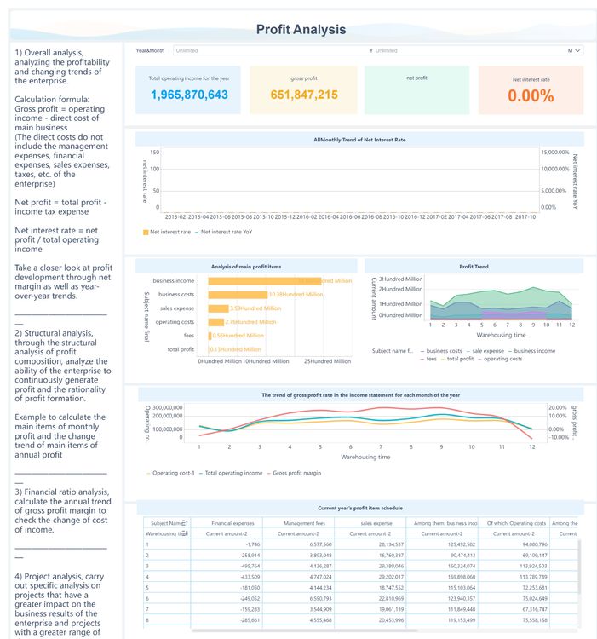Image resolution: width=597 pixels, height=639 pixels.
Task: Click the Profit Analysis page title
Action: point(301,30)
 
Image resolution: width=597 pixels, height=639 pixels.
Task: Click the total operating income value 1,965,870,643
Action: point(189,95)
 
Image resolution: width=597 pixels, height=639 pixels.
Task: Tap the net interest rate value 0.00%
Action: point(531,95)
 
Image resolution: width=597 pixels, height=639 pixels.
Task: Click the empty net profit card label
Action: point(416,78)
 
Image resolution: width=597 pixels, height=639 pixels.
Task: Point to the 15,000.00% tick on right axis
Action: point(557,152)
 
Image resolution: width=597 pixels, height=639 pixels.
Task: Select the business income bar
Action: point(264,280)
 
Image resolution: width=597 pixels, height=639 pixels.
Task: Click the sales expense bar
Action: point(218,308)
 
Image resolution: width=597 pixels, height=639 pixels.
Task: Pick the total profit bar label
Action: point(180,349)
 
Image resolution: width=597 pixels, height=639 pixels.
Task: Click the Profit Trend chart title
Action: point(474,267)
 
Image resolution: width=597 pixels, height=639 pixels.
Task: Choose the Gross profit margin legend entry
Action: point(295,472)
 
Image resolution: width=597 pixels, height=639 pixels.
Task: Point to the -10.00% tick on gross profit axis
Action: point(556,438)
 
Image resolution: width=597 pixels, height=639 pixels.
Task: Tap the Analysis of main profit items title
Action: point(245,267)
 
